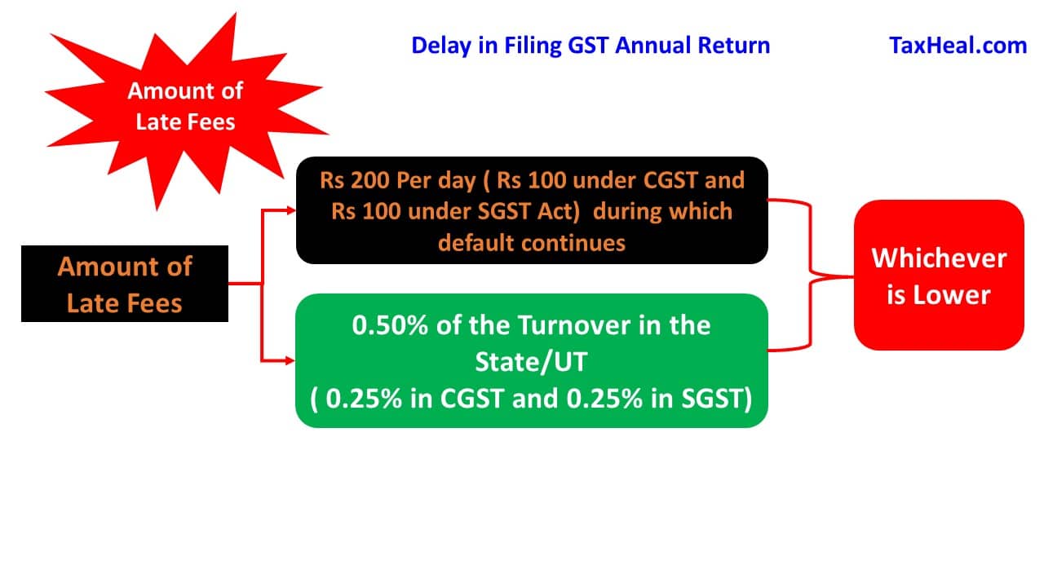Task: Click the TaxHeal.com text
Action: tap(958, 46)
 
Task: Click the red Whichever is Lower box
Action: tap(939, 276)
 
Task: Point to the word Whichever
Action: tap(939, 258)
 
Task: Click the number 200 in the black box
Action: tap(369, 180)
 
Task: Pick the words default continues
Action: tap(532, 243)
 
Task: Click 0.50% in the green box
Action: tap(390, 325)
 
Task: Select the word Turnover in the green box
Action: tap(574, 325)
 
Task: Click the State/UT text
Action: tap(531, 362)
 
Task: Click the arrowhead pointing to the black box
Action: tap(291, 210)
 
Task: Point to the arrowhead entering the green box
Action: tap(290, 360)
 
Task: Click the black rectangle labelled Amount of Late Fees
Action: tap(125, 284)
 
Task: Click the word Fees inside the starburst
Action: tap(212, 122)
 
